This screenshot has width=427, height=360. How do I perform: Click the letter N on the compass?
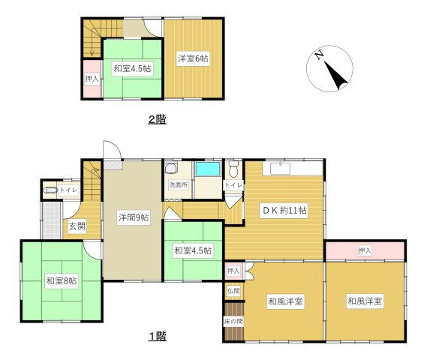pyautogui.click(x=319, y=55)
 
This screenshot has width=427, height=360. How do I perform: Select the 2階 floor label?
pyautogui.click(x=157, y=119)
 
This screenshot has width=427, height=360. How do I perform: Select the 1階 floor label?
pyautogui.click(x=158, y=336)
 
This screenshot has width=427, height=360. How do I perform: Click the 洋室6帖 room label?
pyautogui.click(x=193, y=58)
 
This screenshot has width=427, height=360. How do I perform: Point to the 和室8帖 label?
pyautogui.click(x=62, y=280)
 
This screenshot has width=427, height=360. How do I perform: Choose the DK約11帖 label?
pyautogui.click(x=284, y=210)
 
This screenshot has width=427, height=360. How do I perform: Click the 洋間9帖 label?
pyautogui.click(x=134, y=217)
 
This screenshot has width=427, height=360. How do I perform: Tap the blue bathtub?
pyautogui.click(x=208, y=169)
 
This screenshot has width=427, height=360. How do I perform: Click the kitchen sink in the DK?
pyautogui.click(x=280, y=169)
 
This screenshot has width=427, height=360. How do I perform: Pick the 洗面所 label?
pyautogui.click(x=179, y=184)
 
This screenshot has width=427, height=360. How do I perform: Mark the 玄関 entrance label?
pyautogui.click(x=77, y=226)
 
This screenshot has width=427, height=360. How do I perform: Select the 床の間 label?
pyautogui.click(x=233, y=321)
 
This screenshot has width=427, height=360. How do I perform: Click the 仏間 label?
pyautogui.click(x=233, y=291)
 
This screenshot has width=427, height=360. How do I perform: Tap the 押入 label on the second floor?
pyautogui.click(x=92, y=79)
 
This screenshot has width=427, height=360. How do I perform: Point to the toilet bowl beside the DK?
pyautogui.click(x=233, y=169)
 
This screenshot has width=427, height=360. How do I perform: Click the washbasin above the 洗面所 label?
pyautogui.click(x=172, y=168)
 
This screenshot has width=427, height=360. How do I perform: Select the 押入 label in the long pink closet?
pyautogui.click(x=365, y=250)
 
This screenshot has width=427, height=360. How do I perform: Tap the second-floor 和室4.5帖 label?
pyautogui.click(x=132, y=68)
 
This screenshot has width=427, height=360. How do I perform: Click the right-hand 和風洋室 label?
pyautogui.click(x=365, y=301)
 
